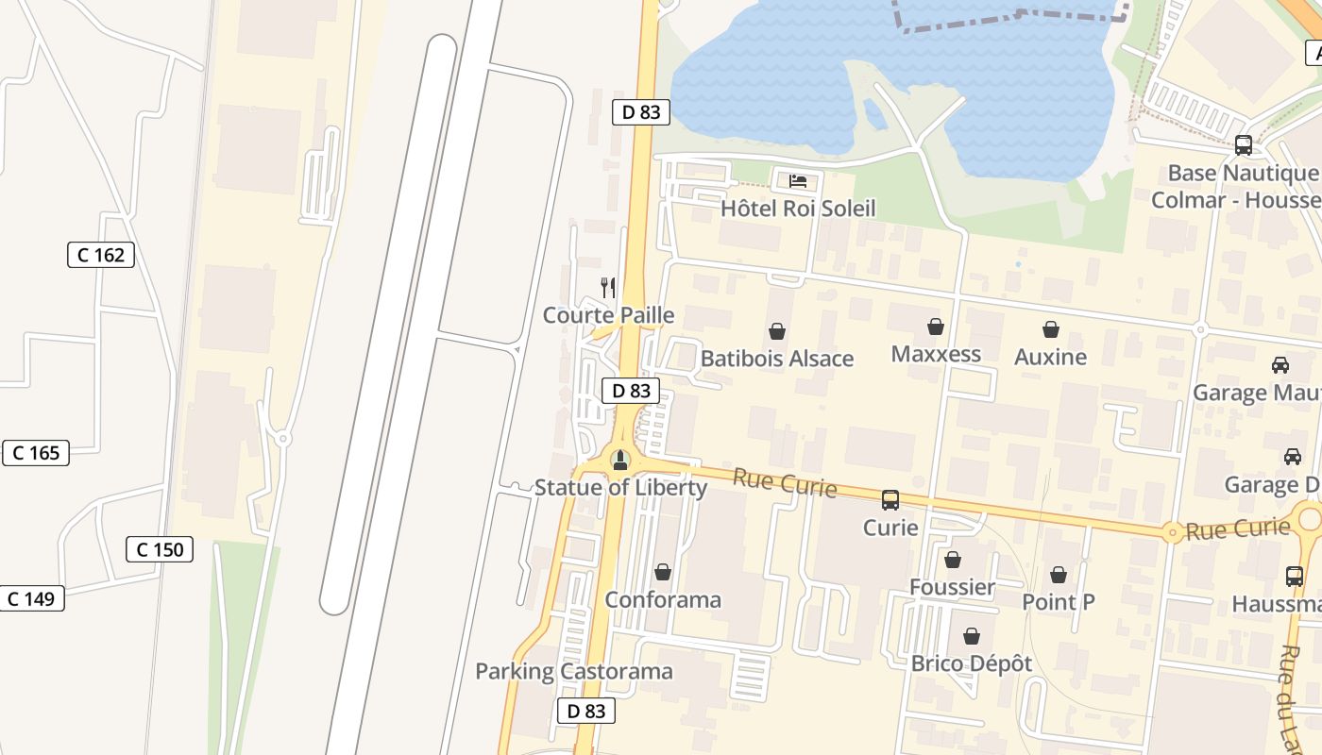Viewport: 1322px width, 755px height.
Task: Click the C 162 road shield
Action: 101,255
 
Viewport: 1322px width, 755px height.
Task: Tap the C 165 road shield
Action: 36,453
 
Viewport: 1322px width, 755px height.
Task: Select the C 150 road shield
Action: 160,549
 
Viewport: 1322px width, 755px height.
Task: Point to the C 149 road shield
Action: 31,598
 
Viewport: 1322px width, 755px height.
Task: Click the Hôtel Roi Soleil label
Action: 798,209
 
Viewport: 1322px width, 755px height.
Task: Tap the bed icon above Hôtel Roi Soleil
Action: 798,181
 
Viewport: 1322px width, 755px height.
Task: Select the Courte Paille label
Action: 608,315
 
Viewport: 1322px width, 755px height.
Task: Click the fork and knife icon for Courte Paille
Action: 608,287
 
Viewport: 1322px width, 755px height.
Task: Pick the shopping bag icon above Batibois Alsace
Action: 777,331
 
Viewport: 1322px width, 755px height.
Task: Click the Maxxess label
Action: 936,354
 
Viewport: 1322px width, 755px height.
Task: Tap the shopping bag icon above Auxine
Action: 1051,329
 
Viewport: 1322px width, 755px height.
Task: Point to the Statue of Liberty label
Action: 620,488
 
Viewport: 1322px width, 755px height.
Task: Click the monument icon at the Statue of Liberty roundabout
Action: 620,461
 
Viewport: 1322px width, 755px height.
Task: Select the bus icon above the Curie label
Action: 890,500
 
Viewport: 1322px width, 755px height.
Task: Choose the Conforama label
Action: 663,599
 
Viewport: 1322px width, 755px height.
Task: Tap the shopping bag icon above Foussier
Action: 953,561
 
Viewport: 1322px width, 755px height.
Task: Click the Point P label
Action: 1059,601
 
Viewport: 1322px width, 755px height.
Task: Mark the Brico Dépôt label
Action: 972,663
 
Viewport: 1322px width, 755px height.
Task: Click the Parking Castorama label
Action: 574,672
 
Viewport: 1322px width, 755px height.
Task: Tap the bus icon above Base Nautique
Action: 1244,146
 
